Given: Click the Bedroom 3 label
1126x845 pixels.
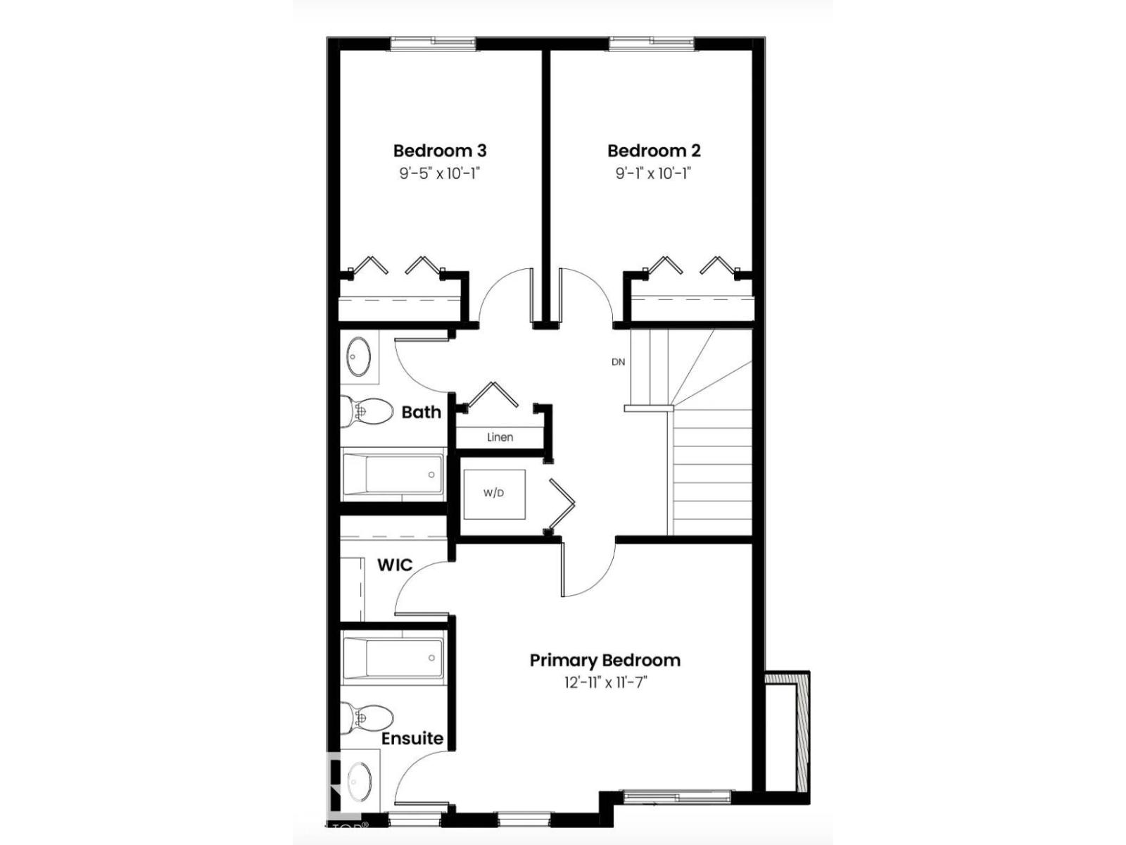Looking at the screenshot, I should coord(439,151).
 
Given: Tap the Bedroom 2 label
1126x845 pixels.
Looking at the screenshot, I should coord(654,151).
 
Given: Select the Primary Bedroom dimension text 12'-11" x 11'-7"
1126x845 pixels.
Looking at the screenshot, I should coord(605,682).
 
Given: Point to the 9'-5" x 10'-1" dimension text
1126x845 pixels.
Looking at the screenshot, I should coord(439,173).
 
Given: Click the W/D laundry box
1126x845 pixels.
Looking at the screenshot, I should coord(494,494).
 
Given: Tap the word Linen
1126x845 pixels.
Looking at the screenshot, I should coord(500,437).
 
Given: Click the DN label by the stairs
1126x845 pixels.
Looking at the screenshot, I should coord(618,362).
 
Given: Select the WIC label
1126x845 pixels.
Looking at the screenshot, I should coord(395,565).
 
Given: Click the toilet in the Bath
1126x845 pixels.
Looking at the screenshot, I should coord(367,411).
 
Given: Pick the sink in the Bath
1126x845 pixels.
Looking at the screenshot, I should coord(360,357).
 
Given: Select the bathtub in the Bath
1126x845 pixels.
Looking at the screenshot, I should coord(393,474).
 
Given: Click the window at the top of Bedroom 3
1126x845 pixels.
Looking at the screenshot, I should coord(433,44).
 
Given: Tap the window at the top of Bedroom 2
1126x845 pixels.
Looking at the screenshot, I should coord(651,44).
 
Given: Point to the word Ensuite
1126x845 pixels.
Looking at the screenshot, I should coord(412,739).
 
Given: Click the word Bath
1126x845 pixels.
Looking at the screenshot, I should coord(421,412).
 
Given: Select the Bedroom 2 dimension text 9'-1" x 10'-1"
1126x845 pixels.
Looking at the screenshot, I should coord(654,173).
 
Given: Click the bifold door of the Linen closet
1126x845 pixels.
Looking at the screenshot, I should coord(493,395).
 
